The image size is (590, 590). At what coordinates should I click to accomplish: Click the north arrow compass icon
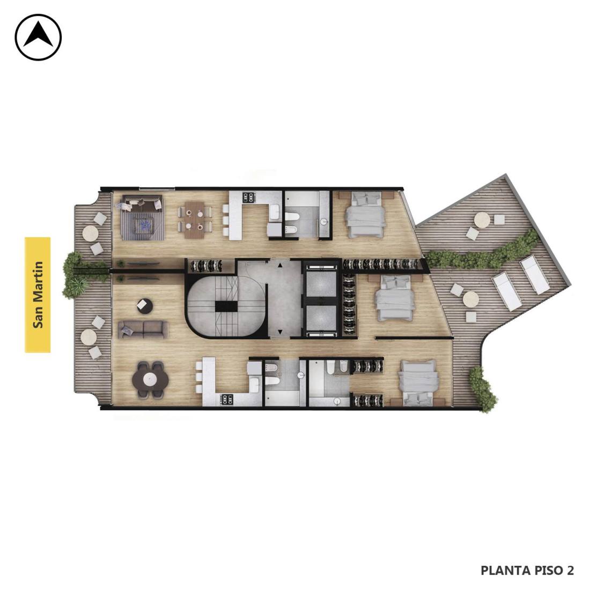38,37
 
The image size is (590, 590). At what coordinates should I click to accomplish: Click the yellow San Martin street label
38,295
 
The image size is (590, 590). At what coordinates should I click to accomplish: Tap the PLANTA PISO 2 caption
527,570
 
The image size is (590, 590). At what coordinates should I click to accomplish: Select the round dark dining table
150,379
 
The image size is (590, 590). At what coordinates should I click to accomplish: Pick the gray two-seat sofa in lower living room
143,330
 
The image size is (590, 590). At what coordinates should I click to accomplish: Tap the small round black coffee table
144,306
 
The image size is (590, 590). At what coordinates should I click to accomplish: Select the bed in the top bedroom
365,215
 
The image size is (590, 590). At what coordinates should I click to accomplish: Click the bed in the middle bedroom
395,299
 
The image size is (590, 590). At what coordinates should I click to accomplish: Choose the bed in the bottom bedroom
418,383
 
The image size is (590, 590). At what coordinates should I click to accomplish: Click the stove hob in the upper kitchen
248,197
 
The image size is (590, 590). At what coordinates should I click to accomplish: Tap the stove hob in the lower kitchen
227,399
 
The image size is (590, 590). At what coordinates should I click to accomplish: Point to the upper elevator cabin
321,284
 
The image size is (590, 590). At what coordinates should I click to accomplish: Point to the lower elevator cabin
321,318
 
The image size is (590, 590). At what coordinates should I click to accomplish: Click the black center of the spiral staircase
226,306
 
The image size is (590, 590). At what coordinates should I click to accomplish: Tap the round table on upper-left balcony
90,233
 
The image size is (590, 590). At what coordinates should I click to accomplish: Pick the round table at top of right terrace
482,220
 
